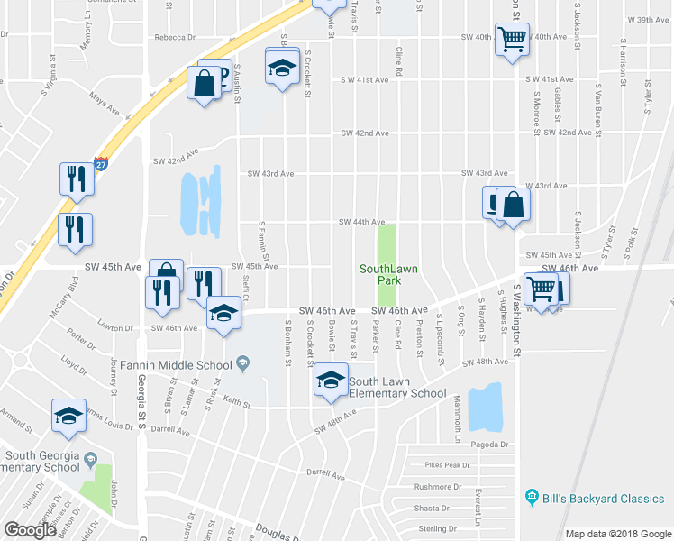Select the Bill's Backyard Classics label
click(x=603, y=499)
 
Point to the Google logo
click(x=30, y=531)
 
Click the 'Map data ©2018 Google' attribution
click(x=618, y=534)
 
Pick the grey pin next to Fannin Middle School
click(x=242, y=363)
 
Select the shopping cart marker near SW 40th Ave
click(x=512, y=40)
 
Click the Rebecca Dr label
click(x=175, y=37)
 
